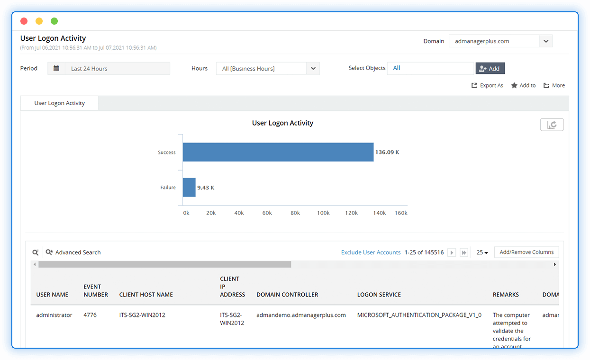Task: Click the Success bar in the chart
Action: (278, 152)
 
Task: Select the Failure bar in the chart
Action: (189, 188)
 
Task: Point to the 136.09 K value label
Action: (387, 153)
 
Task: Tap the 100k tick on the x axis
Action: (323, 213)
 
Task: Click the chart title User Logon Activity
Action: (282, 123)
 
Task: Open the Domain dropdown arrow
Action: (546, 41)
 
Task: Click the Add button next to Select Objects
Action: (490, 68)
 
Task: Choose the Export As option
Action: (487, 86)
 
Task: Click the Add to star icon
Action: (514, 86)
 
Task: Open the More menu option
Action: (554, 86)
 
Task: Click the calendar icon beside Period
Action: (56, 68)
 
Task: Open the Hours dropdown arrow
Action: (313, 68)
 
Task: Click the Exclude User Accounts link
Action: (371, 252)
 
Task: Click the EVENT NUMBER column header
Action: (96, 290)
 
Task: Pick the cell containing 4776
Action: (90, 315)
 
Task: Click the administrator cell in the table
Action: (54, 315)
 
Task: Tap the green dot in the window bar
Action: (54, 21)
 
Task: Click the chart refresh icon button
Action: (552, 125)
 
